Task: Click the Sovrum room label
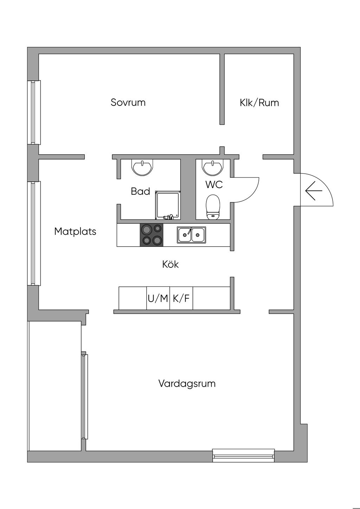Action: [x=128, y=102]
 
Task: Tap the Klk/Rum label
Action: [x=259, y=103]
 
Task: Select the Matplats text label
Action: [x=75, y=231]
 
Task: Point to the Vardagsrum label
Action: [x=187, y=383]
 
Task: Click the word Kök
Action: [x=171, y=264]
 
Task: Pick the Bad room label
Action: [x=140, y=191]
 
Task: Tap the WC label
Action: [x=214, y=184]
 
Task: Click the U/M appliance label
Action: [x=158, y=298]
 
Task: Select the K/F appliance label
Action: [x=181, y=298]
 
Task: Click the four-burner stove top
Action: [x=152, y=235]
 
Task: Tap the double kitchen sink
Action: [x=192, y=234]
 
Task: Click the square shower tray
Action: [x=167, y=205]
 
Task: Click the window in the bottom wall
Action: [x=243, y=456]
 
